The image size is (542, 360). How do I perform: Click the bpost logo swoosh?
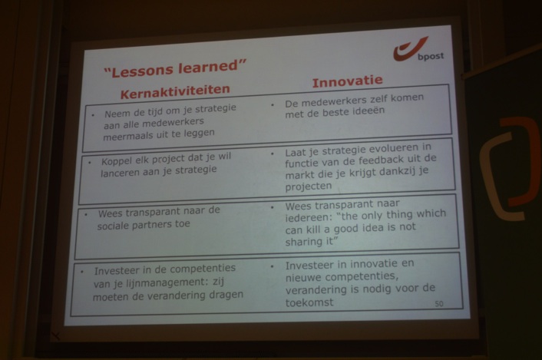408,49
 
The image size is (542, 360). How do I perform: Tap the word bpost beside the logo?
431,56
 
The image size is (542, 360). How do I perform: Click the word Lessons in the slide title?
144,70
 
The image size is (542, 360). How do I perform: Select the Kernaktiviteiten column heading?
175,91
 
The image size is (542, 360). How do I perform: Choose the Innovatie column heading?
348,82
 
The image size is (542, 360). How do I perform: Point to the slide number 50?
438,304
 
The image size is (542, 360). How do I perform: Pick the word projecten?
309,187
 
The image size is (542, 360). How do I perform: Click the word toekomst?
309,302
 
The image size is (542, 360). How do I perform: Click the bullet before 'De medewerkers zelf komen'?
272,105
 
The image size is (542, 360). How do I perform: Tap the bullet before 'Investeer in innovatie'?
272,266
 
